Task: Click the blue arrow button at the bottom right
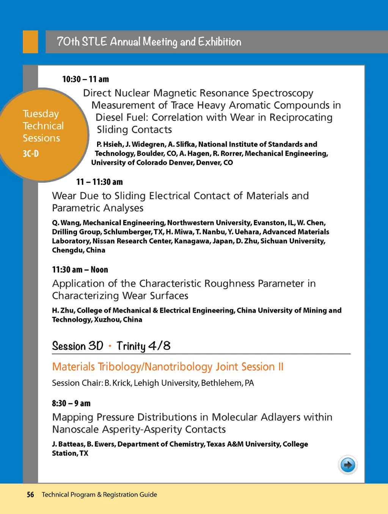pos(347,465)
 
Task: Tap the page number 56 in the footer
pos(30,495)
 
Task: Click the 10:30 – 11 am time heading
pos(85,79)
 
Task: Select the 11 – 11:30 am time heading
pos(99,182)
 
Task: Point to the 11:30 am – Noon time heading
pos(80,270)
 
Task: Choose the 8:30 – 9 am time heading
pos(71,403)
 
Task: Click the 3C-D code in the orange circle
pos(31,154)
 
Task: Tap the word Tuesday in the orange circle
pos(41,114)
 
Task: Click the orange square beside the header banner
pos(30,42)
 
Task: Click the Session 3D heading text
pos(77,346)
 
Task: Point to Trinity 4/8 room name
pos(143,346)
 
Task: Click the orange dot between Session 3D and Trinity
pos(110,346)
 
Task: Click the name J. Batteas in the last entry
pos(68,444)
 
